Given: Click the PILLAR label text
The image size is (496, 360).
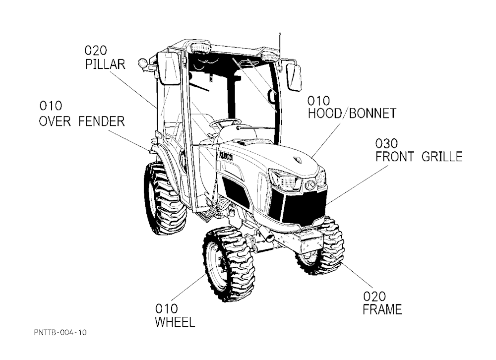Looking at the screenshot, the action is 105,64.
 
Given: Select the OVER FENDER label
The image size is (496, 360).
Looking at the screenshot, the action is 82,121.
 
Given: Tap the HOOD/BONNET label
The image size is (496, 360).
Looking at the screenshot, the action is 352,113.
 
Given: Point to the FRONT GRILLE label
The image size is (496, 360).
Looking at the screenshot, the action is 419,157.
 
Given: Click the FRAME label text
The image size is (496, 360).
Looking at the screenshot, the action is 382,309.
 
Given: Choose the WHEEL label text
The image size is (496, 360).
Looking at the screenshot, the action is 175,322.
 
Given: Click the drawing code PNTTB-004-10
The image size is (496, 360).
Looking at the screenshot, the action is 60,332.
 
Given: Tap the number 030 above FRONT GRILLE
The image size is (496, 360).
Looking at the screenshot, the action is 386,144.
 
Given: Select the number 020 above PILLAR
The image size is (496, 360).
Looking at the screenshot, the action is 96,50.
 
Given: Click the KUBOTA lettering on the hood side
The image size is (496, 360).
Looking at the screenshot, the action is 226,156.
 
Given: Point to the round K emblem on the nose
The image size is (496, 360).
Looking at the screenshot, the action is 310,185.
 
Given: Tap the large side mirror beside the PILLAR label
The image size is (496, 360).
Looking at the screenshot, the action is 169,68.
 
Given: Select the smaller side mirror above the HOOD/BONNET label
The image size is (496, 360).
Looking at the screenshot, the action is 294,77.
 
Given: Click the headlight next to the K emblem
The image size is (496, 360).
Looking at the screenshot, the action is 285,180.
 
